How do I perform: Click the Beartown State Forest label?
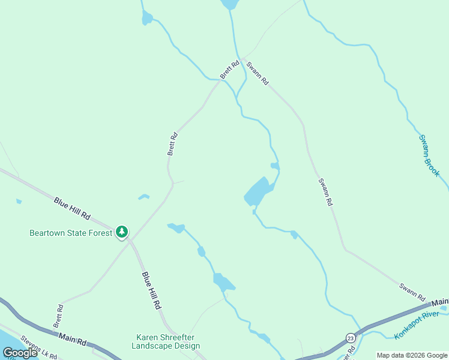(71, 233)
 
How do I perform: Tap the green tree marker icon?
(122, 232)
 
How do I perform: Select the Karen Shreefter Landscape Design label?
(166, 341)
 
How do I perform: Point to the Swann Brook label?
(429, 155)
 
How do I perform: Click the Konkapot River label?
(417, 325)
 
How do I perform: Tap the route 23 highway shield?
(350, 339)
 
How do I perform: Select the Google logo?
(20, 353)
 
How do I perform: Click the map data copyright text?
(412, 355)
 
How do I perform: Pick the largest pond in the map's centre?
(258, 192)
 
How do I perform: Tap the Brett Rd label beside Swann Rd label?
(229, 69)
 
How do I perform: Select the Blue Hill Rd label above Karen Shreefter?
(152, 290)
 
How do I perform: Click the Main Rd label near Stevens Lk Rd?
(73, 340)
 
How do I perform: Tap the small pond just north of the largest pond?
(275, 166)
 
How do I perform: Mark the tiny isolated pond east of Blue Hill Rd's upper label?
(143, 196)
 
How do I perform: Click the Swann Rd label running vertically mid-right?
(325, 192)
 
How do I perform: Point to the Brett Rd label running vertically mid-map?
(173, 144)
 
